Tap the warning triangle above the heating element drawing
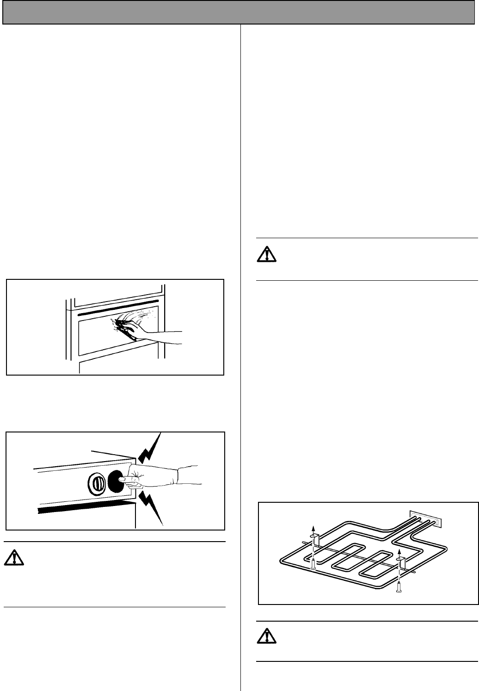pos(267,255)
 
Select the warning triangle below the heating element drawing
pos(267,637)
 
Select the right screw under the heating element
pos(399,586)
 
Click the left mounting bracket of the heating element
pos(313,538)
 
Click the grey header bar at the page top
pos(239,12)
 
